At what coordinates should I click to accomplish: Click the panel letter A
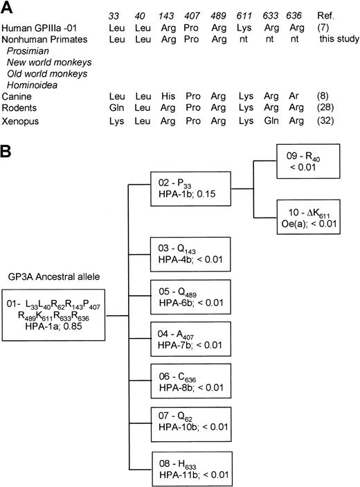pyautogui.click(x=6, y=6)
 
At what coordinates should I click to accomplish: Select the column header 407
pyautogui.click(x=202, y=15)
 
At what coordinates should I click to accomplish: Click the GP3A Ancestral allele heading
pyautogui.click(x=51, y=294)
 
